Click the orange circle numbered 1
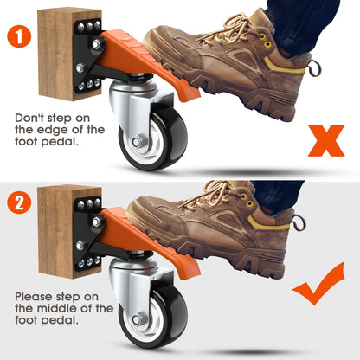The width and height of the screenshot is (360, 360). [19, 35]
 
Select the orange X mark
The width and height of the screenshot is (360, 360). [326, 141]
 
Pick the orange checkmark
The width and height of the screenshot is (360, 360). [318, 284]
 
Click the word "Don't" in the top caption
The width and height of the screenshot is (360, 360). [29, 118]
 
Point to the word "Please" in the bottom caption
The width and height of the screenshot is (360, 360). [33, 297]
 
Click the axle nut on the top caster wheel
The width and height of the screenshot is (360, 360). [138, 142]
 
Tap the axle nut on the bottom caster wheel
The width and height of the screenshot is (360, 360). [138, 320]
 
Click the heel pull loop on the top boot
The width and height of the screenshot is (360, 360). [316, 68]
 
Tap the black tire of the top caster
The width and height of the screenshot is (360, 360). [173, 141]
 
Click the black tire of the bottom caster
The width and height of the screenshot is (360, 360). [173, 319]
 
